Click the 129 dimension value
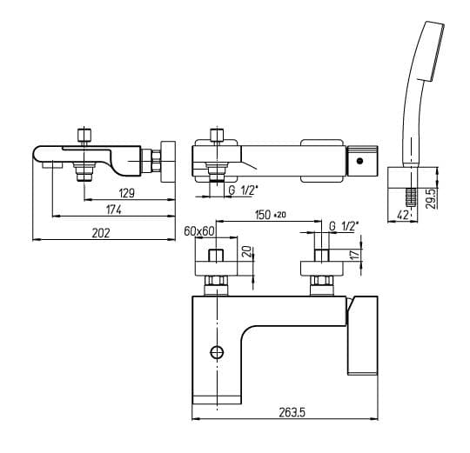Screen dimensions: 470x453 point(127,193)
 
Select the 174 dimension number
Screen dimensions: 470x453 point(114,210)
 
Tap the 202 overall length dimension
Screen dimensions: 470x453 point(101,233)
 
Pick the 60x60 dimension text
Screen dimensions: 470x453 point(199,230)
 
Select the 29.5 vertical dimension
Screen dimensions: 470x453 point(431,199)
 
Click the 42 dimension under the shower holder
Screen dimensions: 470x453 point(403,215)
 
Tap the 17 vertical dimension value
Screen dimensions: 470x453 point(354,254)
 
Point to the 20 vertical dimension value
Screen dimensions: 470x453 point(246,252)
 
